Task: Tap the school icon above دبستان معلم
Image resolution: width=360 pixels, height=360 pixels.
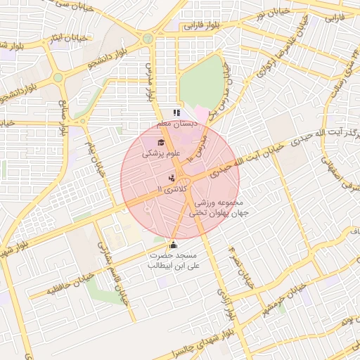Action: pyautogui.click(x=176, y=112)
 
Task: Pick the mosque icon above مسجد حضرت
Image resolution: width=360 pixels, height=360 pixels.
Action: pyautogui.click(x=174, y=245)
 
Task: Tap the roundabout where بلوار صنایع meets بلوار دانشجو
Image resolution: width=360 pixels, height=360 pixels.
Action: pyautogui.click(x=58, y=77)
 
